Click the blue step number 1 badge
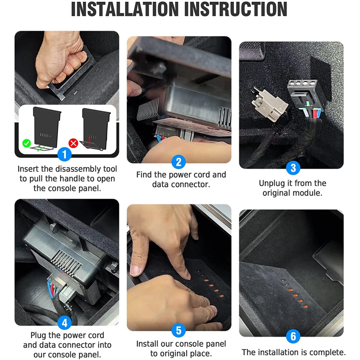(x=64, y=154)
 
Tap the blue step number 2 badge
(x=179, y=162)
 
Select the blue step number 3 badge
(x=293, y=168)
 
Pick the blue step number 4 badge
(x=64, y=323)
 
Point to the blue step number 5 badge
(x=179, y=330)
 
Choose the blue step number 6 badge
(x=293, y=336)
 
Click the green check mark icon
(x=27, y=143)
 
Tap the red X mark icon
(x=73, y=143)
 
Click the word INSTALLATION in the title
(x=125, y=9)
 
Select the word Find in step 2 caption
(x=144, y=175)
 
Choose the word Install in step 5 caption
(x=147, y=344)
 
